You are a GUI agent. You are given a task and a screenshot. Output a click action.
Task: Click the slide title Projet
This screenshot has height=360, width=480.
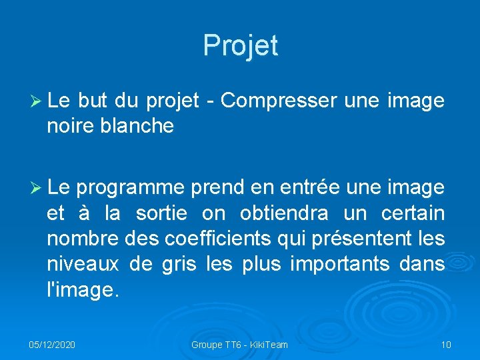(x=240, y=45)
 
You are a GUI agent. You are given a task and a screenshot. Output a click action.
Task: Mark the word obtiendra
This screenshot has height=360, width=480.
(x=283, y=214)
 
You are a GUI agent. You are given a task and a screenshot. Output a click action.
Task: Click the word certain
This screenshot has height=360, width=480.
(x=413, y=214)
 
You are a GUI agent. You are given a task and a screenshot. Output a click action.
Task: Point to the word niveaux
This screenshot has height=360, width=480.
(x=83, y=265)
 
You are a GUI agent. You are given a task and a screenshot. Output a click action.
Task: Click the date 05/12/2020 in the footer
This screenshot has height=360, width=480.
(x=52, y=345)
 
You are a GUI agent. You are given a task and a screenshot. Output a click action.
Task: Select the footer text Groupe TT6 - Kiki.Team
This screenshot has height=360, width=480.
(x=239, y=345)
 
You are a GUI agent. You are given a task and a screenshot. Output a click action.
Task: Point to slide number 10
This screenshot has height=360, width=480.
(x=446, y=345)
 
